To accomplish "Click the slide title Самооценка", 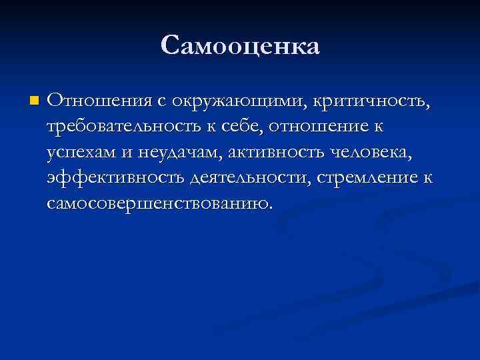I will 240,46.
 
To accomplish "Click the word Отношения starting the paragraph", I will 99,101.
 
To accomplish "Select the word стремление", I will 372,178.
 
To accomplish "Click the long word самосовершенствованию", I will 158,203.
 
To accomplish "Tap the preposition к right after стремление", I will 427,178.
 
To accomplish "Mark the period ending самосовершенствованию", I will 271,207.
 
